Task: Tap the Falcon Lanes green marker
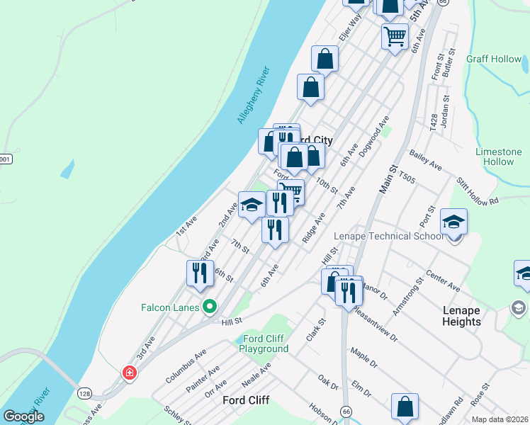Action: (209, 307)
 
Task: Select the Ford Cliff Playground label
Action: (264, 344)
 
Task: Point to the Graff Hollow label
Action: (494, 59)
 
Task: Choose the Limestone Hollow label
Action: (498, 157)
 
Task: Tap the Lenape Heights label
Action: (471, 316)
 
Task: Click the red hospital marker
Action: (129, 372)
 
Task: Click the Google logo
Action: (23, 416)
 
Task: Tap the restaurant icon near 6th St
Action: (200, 272)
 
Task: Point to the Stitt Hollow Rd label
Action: (478, 191)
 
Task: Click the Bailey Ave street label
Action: (425, 161)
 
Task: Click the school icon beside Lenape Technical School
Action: (453, 221)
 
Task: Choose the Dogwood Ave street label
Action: (374, 140)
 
